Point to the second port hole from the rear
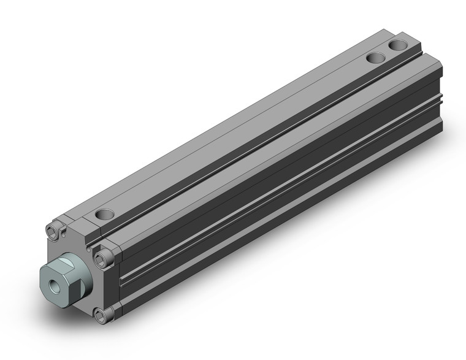click(375, 59)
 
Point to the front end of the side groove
click(123, 279)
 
